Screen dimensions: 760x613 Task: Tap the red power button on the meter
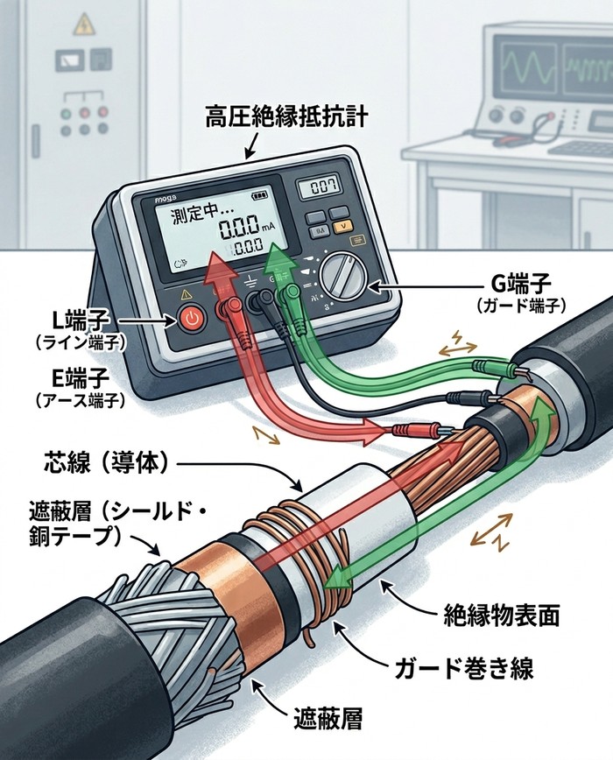(x=193, y=320)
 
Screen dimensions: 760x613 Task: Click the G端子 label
(x=522, y=284)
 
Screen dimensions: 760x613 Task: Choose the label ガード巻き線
(x=459, y=671)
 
